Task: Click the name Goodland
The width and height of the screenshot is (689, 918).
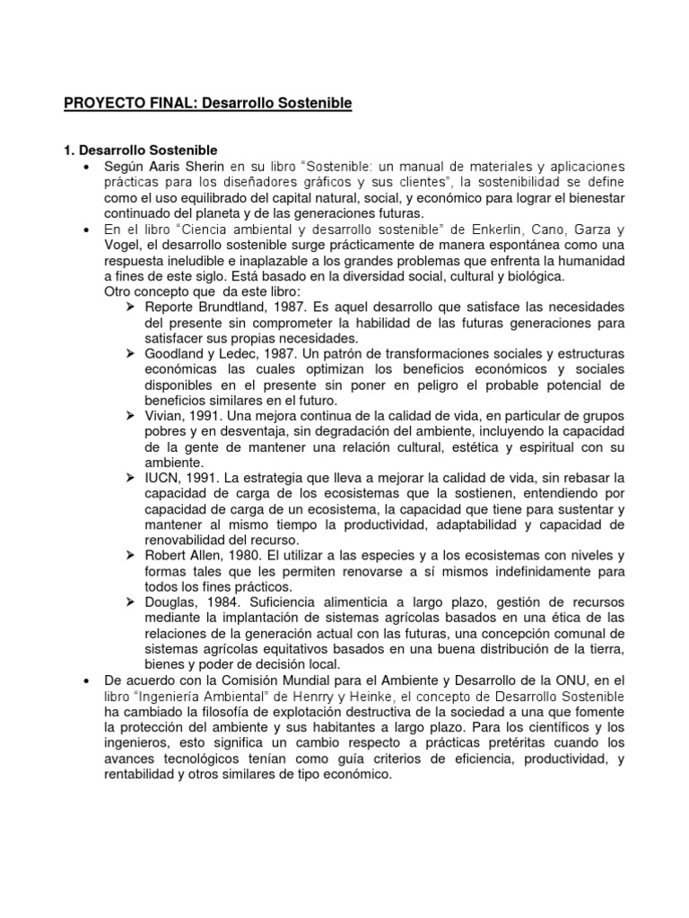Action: point(174,354)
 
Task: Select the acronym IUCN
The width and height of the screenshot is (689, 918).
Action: point(161,478)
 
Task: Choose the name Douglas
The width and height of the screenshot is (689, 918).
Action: point(170,602)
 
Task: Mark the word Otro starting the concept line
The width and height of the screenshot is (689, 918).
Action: point(120,292)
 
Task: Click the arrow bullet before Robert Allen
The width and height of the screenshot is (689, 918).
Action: point(130,556)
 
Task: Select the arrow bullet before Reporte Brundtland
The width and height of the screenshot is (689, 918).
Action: point(130,307)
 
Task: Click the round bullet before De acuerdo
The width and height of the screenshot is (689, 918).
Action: point(85,680)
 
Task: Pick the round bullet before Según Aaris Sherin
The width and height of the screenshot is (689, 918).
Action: point(85,169)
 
